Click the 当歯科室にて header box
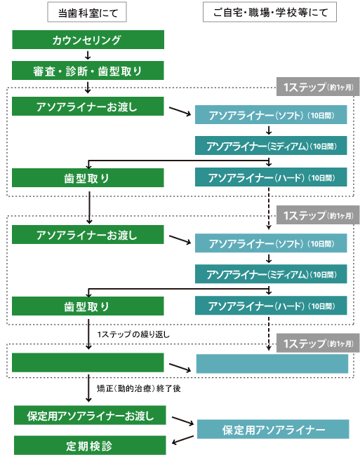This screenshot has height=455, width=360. [87, 12]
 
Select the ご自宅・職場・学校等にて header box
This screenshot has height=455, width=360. [269, 12]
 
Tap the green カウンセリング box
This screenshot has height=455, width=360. [88, 39]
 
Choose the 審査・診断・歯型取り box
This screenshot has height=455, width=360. [88, 71]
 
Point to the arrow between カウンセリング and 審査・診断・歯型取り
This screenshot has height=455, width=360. [88, 55]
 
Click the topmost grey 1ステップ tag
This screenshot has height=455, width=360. [318, 87]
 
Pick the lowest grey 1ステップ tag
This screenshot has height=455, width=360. [318, 344]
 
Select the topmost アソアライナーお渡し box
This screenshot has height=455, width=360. [88, 106]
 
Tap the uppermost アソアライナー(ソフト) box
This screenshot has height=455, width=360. [271, 114]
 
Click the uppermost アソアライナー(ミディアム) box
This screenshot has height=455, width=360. [271, 145]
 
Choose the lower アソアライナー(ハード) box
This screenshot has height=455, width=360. [271, 305]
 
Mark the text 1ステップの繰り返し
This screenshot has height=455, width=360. [133, 334]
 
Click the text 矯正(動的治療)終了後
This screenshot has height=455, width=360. [139, 388]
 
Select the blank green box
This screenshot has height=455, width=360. [88, 362]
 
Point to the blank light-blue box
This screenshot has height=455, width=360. [272, 364]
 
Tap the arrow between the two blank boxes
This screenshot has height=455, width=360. [180, 367]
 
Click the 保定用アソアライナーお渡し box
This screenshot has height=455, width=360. [90, 415]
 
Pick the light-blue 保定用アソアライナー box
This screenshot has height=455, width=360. [273, 429]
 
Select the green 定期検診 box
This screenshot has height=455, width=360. [90, 445]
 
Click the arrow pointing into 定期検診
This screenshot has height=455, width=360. [182, 440]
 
